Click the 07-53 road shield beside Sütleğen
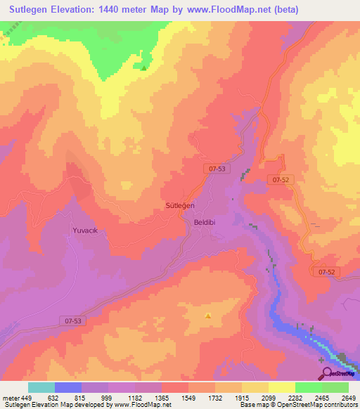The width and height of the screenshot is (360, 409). click(x=217, y=169)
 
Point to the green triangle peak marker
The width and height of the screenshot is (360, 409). click(x=144, y=68)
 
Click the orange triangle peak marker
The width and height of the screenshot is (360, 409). click(x=207, y=316)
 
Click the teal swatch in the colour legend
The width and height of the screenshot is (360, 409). click(x=41, y=387)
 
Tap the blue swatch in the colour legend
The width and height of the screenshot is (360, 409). click(x=68, y=387)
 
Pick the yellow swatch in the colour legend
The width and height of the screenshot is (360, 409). click(x=281, y=387)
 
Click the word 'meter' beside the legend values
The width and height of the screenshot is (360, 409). click(x=10, y=398)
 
